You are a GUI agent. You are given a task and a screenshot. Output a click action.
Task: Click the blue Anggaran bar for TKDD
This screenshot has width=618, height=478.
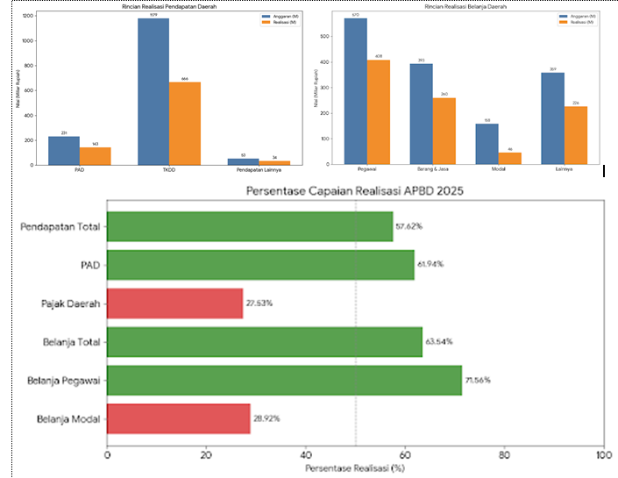pyautogui.click(x=153, y=91)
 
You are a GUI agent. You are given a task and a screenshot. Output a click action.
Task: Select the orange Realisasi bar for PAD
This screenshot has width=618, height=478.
pyautogui.click(x=96, y=155)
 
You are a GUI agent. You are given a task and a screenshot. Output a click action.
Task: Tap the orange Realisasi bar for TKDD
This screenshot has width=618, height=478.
pyautogui.click(x=184, y=123)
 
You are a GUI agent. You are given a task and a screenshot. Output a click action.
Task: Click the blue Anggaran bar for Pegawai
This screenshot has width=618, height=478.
pyautogui.click(x=355, y=91)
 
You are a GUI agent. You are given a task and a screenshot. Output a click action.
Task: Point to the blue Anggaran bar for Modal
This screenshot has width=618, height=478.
pyautogui.click(x=486, y=144)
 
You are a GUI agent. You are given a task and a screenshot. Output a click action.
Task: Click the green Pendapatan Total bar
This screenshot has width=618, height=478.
pyautogui.click(x=250, y=226)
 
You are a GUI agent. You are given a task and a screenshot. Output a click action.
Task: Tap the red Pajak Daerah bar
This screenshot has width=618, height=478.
pyautogui.click(x=174, y=303)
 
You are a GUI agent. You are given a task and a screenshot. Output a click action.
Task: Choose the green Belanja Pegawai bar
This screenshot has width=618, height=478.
pyautogui.click(x=284, y=380)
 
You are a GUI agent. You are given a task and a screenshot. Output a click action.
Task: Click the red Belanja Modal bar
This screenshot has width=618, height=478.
pyautogui.click(x=179, y=418)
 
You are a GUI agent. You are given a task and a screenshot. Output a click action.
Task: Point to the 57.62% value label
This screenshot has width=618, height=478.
pyautogui.click(x=409, y=226)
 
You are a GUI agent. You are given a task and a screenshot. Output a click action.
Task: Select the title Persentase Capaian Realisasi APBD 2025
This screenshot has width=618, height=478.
pyautogui.click(x=355, y=191)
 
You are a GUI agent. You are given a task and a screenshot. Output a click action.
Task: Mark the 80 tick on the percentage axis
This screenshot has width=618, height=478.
pyautogui.click(x=504, y=454)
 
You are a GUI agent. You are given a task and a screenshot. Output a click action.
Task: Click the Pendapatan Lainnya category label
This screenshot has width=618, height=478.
pyautogui.click(x=259, y=169)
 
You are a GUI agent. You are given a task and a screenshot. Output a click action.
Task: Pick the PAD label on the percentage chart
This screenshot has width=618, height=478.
pyautogui.click(x=89, y=265)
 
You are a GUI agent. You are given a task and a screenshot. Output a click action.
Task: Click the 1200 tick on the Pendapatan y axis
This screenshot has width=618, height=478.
pyautogui.click(x=27, y=17)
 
